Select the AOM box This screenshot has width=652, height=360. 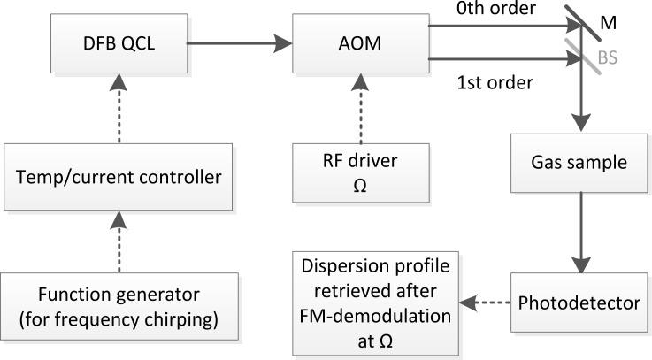360,42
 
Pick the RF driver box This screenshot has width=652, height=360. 360,175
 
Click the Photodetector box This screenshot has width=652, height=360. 580,303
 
